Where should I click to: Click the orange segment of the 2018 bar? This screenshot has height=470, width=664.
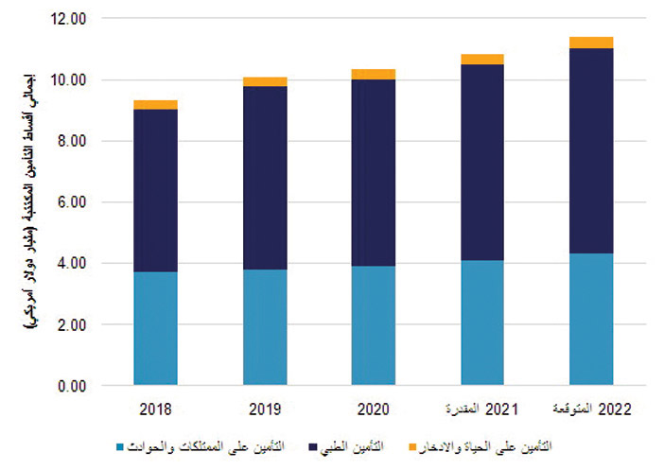click(155, 105)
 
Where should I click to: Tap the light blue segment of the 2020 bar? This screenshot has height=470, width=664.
click(373, 325)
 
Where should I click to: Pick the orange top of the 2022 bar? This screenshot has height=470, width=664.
click(590, 43)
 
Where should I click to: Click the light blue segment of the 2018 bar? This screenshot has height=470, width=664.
click(155, 328)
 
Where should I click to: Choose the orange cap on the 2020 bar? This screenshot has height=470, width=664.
click(373, 75)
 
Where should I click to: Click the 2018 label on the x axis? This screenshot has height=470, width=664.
click(155, 409)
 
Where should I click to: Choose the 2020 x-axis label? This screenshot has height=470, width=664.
click(373, 409)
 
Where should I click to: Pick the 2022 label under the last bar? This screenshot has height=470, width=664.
click(590, 409)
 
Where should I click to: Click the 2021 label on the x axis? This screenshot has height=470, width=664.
click(481, 409)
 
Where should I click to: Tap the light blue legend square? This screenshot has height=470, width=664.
click(118, 444)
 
